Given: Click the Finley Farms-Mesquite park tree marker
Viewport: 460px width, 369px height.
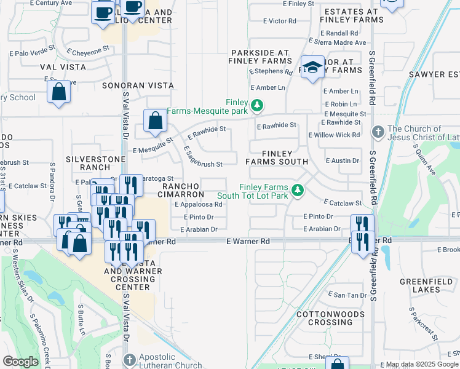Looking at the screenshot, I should tap(258, 105).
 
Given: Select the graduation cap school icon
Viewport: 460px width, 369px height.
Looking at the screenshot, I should tap(312, 68).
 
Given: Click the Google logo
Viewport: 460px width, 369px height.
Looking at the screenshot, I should tap(20, 362).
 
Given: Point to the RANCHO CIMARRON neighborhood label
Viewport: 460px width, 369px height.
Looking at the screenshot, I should tap(183, 190).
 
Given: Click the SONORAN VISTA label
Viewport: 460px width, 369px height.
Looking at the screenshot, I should tap(134, 86).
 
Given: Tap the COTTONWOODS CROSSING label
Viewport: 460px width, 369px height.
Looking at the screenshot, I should tap(324, 318).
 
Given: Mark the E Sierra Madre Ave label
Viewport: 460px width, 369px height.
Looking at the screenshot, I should tap(340, 43).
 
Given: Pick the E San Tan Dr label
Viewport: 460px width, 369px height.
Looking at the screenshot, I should tap(347, 295).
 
